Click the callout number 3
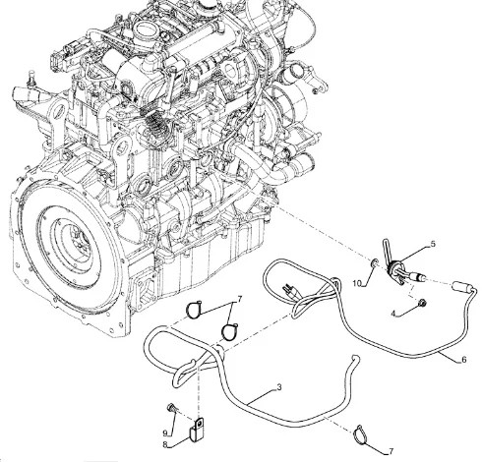[279, 387]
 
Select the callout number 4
[393, 314]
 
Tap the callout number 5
[433, 244]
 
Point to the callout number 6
[463, 360]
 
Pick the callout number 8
[165, 444]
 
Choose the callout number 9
[165, 433]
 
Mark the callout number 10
[357, 283]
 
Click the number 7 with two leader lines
[239, 299]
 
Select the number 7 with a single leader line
[391, 451]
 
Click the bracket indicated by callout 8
[197, 429]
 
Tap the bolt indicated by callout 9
[171, 407]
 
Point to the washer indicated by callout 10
[375, 262]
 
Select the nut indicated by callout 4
[423, 303]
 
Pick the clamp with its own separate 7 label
[361, 433]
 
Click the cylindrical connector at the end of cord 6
[462, 286]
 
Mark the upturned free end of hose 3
[354, 359]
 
